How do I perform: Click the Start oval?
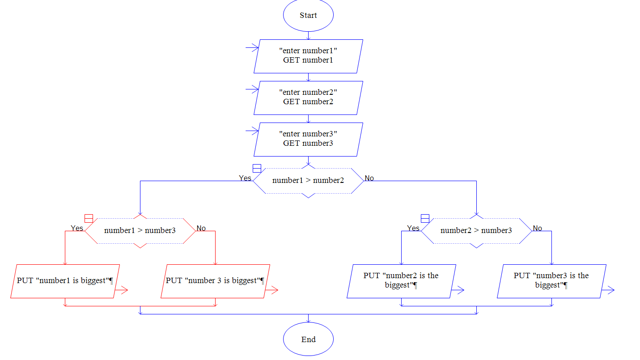pos(308,15)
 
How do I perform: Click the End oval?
pos(308,339)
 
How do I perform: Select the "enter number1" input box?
pos(308,56)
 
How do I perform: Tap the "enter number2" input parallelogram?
pos(308,97)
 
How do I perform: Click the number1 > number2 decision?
pos(308,181)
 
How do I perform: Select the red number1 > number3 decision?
pos(140,231)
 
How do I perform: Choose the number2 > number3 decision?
pos(476,231)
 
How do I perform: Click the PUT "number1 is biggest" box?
pos(65,281)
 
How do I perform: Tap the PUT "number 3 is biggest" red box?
pos(215,281)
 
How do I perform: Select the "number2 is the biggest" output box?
pos(401,281)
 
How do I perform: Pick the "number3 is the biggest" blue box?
pos(551,281)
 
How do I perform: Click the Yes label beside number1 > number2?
pos(245,178)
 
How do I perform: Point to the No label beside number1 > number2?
pos(369,178)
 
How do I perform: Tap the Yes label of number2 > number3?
pos(413,228)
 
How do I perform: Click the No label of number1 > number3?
pos(201,228)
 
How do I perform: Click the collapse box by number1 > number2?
pos(257,168)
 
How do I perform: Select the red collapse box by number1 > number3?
pos(89,218)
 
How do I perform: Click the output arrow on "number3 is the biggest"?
pos(608,290)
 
